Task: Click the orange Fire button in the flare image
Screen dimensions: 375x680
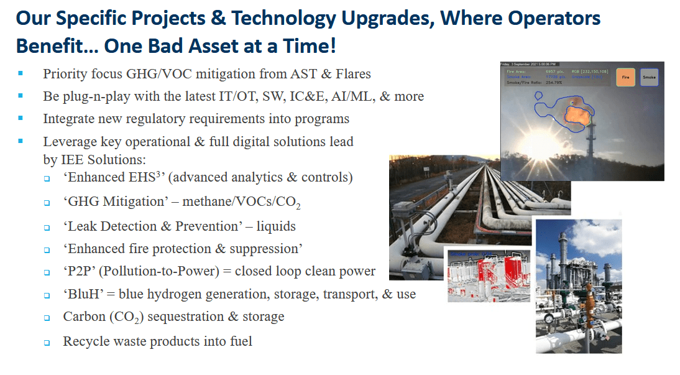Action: click(x=625, y=77)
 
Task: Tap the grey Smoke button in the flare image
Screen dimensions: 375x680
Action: click(x=650, y=77)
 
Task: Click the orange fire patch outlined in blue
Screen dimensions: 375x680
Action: click(x=577, y=114)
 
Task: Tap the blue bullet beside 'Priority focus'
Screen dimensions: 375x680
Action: click(x=21, y=74)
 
